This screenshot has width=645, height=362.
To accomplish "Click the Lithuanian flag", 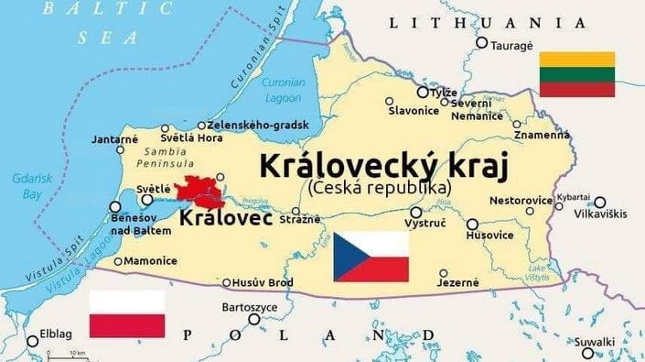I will point(576,74).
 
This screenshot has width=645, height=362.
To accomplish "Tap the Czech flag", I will point(370,256).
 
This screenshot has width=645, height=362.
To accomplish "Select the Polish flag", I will point(127,313).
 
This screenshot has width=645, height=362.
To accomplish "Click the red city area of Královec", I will point(200,191).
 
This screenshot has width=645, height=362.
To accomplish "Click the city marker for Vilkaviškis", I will point(599,203).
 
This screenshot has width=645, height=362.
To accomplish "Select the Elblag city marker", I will point(33,341).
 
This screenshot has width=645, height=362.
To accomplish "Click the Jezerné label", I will point(457,282).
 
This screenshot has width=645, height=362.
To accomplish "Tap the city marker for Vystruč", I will point(416,212).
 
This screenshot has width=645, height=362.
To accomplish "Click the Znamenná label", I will point(542,135).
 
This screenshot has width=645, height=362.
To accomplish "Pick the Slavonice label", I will point(414,111).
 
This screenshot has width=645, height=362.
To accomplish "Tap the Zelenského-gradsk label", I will point(258,125).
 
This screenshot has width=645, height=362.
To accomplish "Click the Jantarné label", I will point(114,139).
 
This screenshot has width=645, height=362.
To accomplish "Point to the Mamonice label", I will point(150,261).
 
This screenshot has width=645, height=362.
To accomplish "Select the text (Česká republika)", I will point(380,187).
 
